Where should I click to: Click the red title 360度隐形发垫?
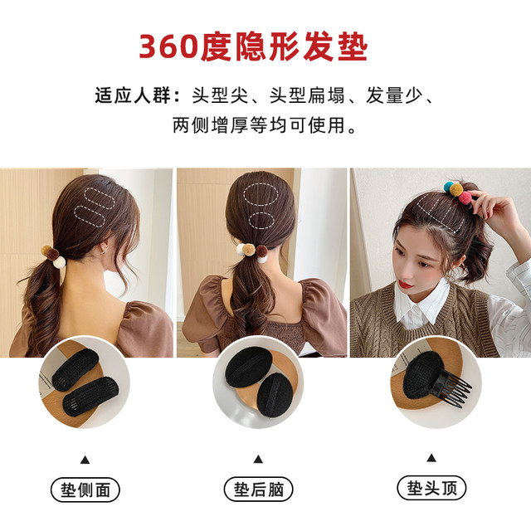pyautogui.click(x=252, y=46)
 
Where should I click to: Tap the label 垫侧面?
pyautogui.click(x=85, y=489)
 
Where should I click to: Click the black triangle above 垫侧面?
pyautogui.click(x=85, y=459)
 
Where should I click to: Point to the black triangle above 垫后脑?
pyautogui.click(x=258, y=459)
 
